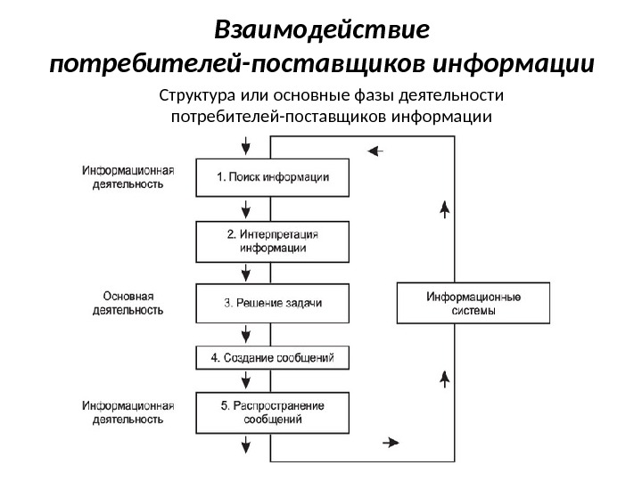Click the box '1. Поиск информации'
tap(272, 176)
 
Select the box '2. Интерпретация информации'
tap(272, 241)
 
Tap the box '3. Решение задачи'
tap(272, 303)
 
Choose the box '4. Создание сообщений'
tap(272, 357)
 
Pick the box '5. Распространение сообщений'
tap(272, 412)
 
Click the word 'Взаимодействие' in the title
tap(322, 31)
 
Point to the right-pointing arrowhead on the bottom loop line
tap(391, 442)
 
